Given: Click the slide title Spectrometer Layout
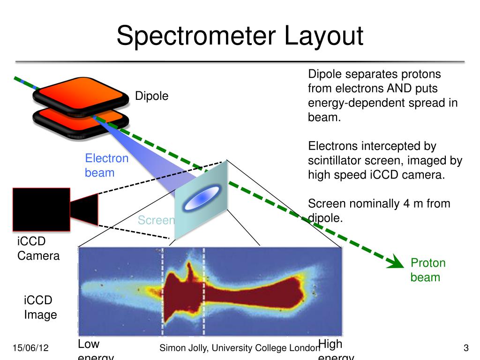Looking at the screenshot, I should click(240, 36).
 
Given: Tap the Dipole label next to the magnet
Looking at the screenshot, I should click(151, 96).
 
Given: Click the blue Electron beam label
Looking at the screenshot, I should click(106, 165).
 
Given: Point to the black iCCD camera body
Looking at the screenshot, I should click(41, 209).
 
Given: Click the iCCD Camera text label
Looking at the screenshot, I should click(38, 248).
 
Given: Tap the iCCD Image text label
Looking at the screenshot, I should click(40, 307).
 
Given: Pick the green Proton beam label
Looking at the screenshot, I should click(427, 270).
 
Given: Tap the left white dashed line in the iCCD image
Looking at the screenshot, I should click(163, 291).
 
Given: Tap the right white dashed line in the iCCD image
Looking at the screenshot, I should click(203, 291).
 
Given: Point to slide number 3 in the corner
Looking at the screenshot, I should click(466, 348).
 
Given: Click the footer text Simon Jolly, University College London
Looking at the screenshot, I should click(240, 348).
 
